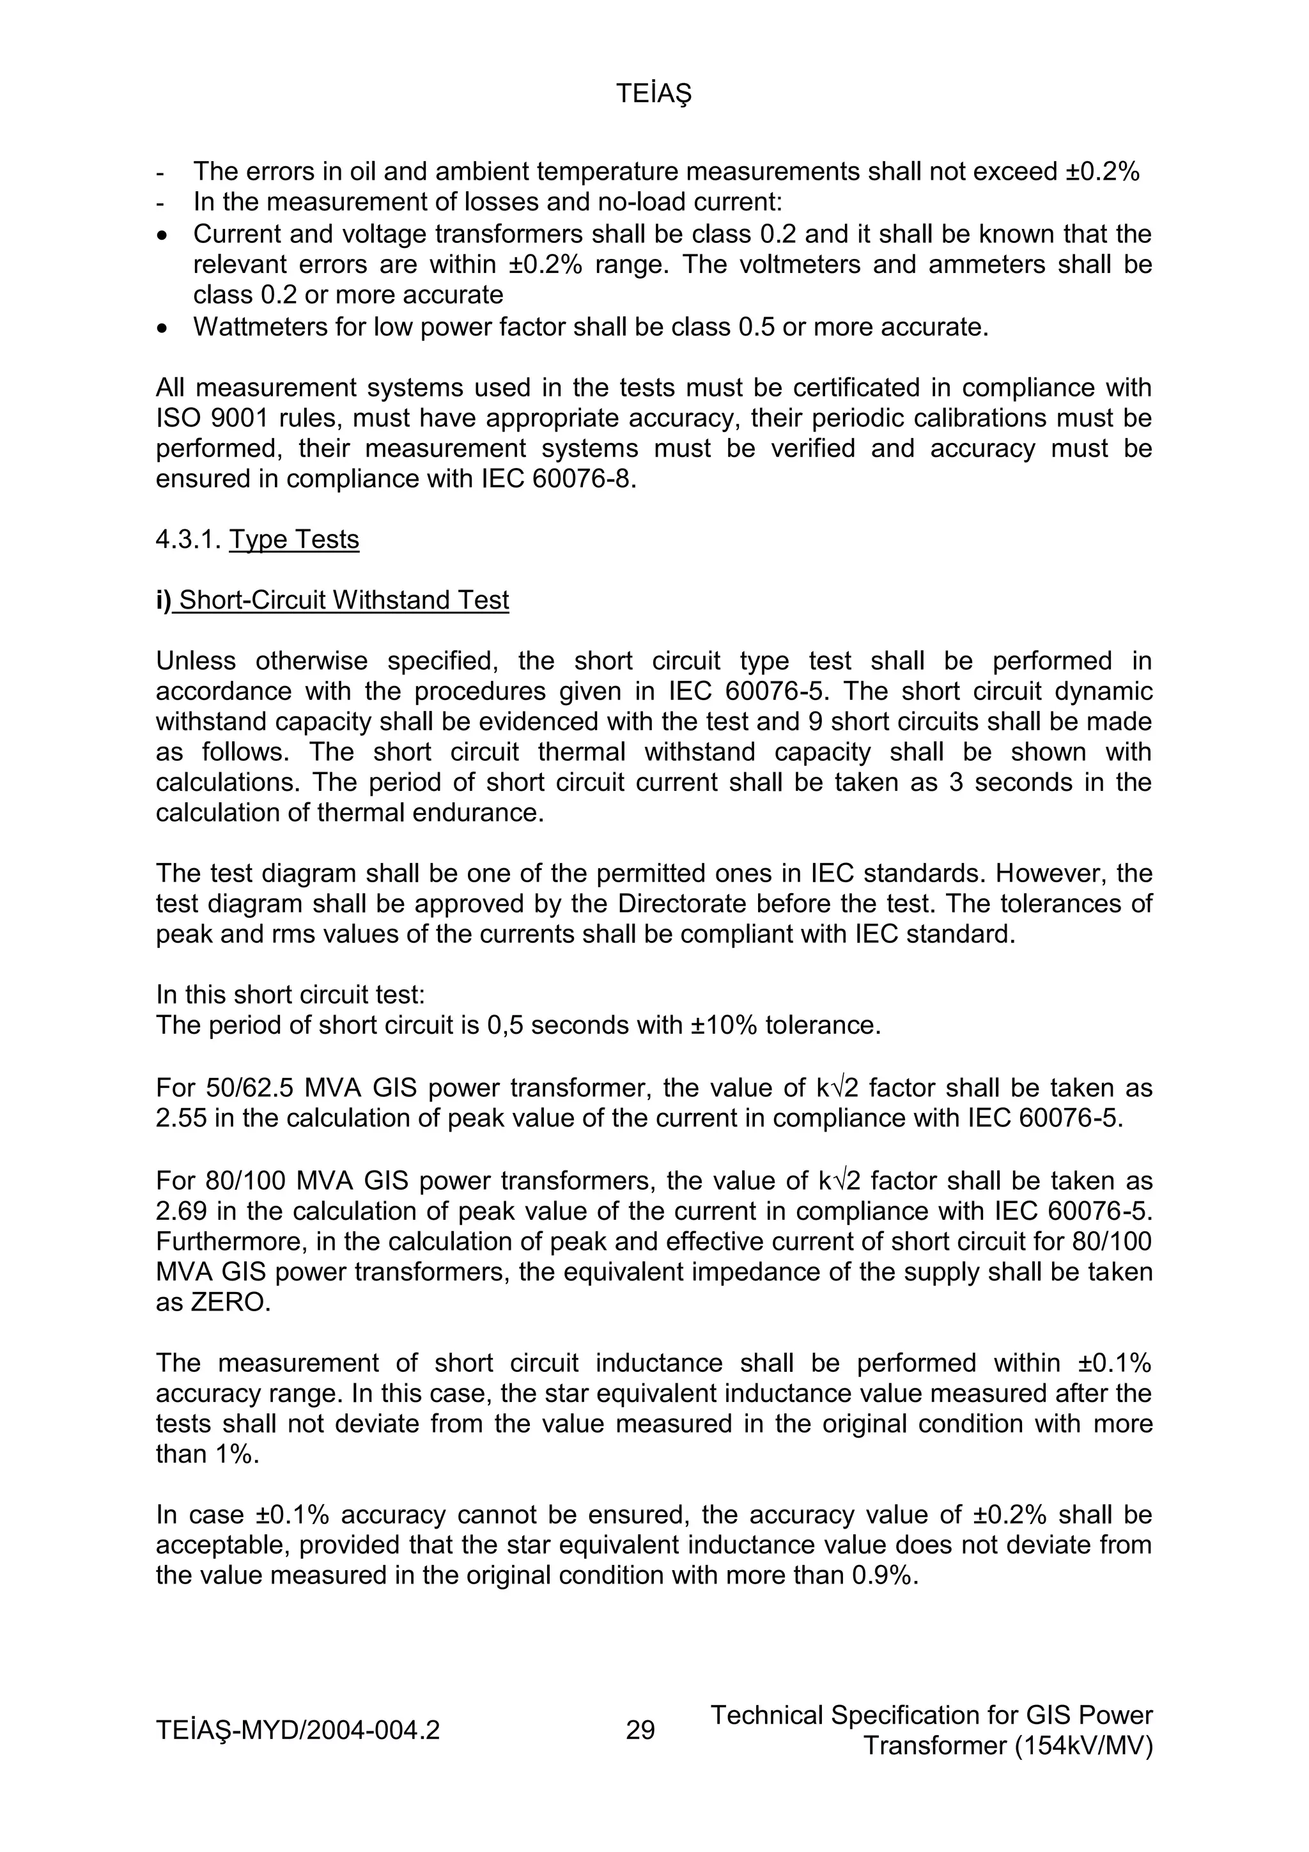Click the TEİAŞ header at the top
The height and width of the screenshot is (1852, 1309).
tap(653, 95)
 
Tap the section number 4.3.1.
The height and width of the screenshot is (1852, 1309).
tap(189, 539)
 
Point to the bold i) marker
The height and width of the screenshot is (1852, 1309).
tap(163, 600)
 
